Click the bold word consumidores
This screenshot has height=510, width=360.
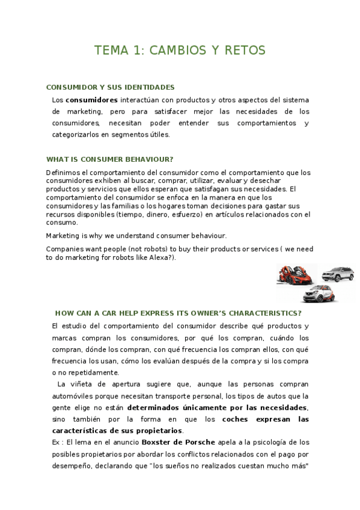pyautogui.click(x=91, y=100)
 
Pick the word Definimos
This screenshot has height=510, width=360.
pyautogui.click(x=63, y=173)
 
